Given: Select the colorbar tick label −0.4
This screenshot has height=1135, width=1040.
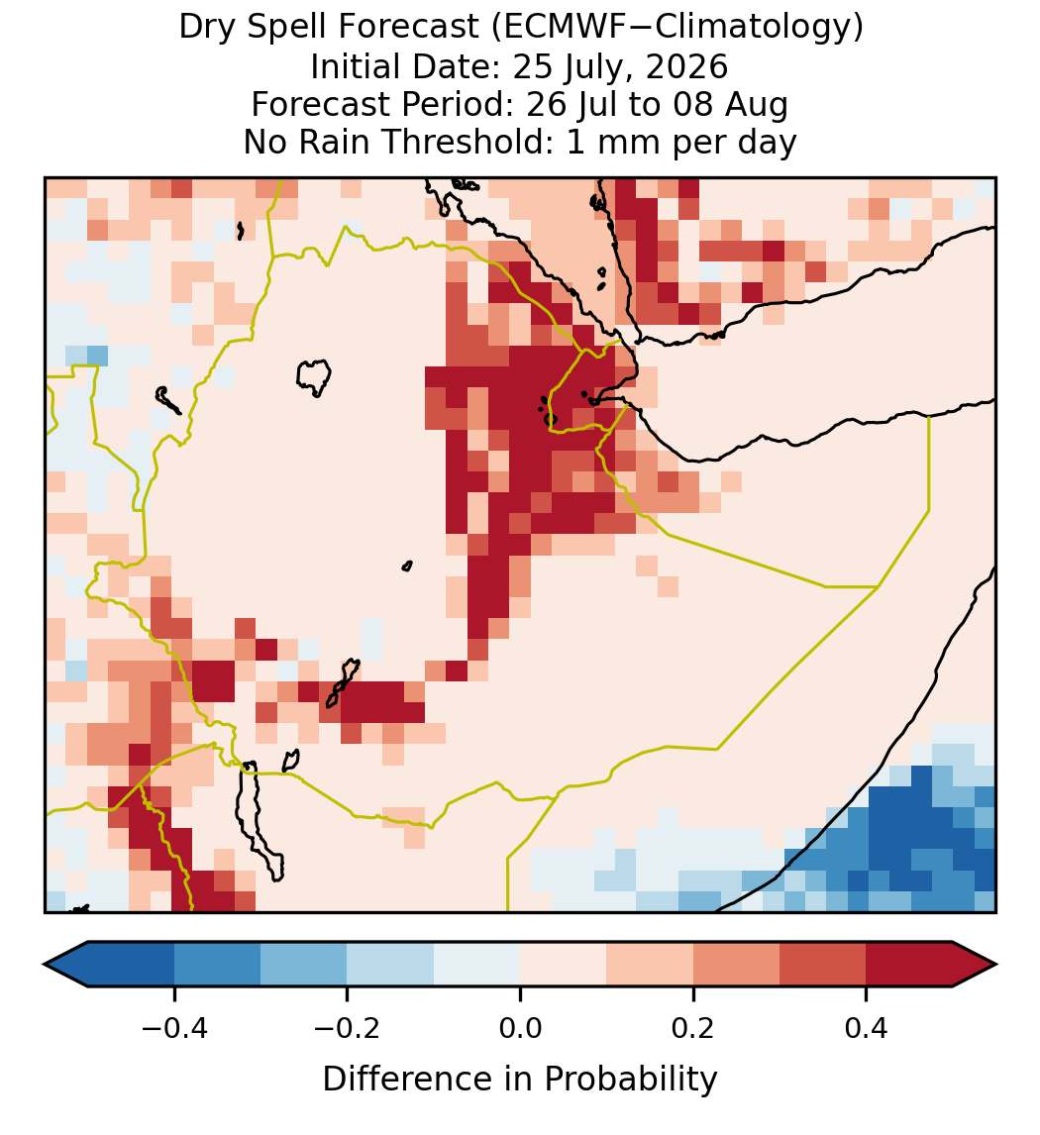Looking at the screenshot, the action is click(174, 1028).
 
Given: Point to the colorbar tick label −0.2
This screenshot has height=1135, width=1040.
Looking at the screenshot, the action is click(348, 1028).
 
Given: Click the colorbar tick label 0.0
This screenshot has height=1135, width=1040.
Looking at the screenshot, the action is click(520, 1028).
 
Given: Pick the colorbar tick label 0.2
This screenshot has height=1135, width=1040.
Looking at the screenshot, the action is click(693, 1028).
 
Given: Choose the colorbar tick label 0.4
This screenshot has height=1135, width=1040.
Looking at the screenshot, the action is click(867, 1028).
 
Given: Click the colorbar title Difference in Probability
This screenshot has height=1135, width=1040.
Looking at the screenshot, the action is click(520, 1080).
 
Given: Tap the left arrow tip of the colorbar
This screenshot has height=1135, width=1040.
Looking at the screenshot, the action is click(45, 965).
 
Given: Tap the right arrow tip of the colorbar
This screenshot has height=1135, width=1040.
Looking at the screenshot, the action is click(996, 965).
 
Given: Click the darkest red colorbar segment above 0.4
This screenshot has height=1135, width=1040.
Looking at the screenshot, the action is click(909, 965).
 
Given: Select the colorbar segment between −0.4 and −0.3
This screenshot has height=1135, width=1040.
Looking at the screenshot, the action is click(217, 965).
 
